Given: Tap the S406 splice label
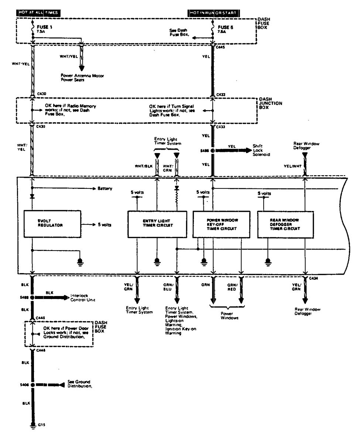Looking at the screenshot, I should coord(24,384).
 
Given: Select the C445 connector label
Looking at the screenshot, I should coord(221,47).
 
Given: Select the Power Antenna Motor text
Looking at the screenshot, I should coord(82,75).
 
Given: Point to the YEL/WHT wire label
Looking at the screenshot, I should coord(291,166).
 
